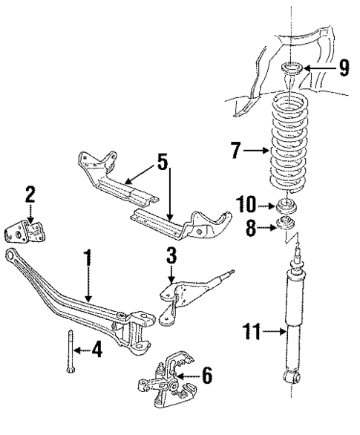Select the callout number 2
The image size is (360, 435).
point(30,194)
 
